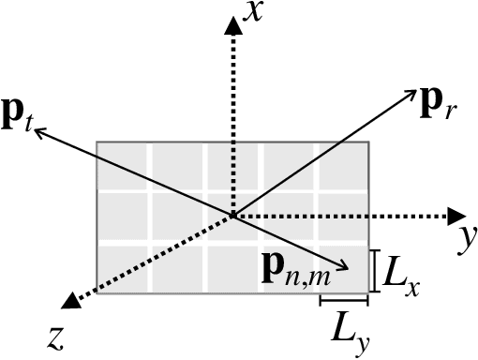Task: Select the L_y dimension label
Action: point(348,327)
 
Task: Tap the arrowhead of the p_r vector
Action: point(411,93)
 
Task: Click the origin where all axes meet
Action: point(232,217)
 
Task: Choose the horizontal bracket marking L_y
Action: point(343,300)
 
